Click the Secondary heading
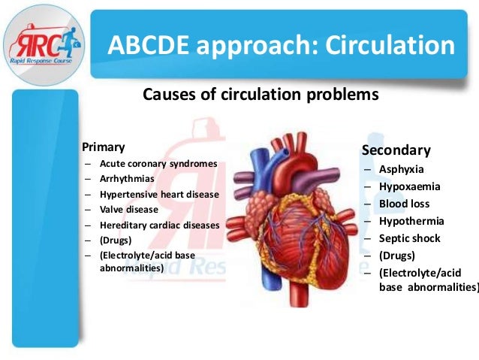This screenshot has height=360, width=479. click(x=396, y=150)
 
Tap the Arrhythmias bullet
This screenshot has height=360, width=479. click(x=127, y=179)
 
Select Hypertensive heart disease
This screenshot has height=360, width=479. click(x=159, y=194)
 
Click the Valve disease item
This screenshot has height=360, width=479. click(x=129, y=209)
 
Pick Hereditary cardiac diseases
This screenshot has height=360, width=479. click(x=160, y=225)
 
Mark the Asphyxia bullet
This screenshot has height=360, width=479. click(x=402, y=169)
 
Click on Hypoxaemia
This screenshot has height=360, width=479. click(x=410, y=186)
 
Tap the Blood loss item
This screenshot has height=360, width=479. click(x=405, y=204)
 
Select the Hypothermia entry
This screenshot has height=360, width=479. click(x=411, y=221)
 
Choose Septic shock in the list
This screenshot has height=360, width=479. click(x=410, y=238)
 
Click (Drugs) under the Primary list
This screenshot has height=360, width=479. click(x=116, y=240)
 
